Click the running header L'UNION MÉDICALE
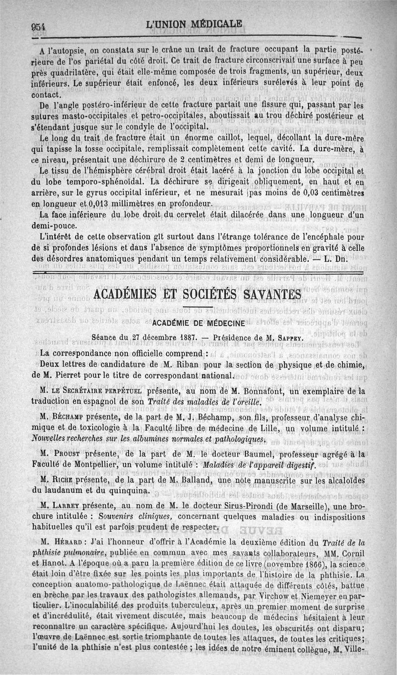(195, 23)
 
